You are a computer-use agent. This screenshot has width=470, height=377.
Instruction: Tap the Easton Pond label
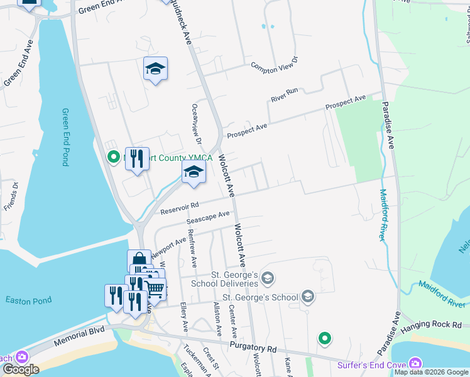pos(29,301)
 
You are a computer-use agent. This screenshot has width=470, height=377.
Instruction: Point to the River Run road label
pos(284,95)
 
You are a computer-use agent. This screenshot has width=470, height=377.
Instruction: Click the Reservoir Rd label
pos(179,207)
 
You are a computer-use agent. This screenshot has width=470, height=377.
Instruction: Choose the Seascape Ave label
pos(207,217)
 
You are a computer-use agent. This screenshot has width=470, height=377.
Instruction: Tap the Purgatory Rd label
pos(253,347)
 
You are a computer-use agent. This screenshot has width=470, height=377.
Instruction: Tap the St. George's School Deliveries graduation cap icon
pos(268,278)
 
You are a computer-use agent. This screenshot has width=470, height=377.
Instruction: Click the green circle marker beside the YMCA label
pos(114,157)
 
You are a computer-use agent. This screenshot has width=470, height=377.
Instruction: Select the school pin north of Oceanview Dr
pos(155,69)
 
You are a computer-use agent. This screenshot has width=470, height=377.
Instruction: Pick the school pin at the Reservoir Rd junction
pos(194,172)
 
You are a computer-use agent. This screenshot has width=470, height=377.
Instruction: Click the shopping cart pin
pos(155,289)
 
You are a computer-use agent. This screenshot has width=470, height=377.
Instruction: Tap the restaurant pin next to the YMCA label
pos(137,158)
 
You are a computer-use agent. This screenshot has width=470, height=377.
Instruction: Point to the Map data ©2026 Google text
pos(430,372)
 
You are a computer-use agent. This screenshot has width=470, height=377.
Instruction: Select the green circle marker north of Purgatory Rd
pos(324,339)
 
